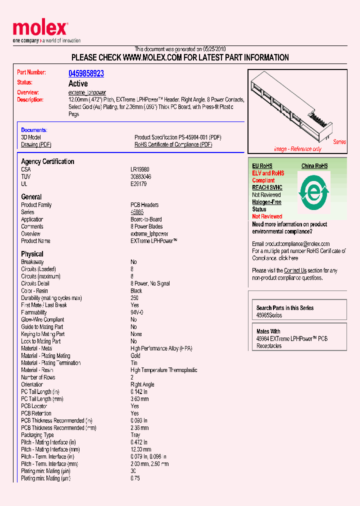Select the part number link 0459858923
point(86,73)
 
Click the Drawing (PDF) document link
point(36,144)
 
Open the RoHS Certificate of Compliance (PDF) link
point(173,144)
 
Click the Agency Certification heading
point(47,161)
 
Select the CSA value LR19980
point(140,169)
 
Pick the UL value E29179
point(138,184)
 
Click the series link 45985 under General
point(137,212)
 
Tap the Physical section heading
point(32,254)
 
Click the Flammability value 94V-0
point(137,312)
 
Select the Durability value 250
point(134,298)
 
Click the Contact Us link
point(295,270)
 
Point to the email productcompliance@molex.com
point(290,244)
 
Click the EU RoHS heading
point(262,166)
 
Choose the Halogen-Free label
point(266,202)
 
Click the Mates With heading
point(268,331)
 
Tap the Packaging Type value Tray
point(135,435)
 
